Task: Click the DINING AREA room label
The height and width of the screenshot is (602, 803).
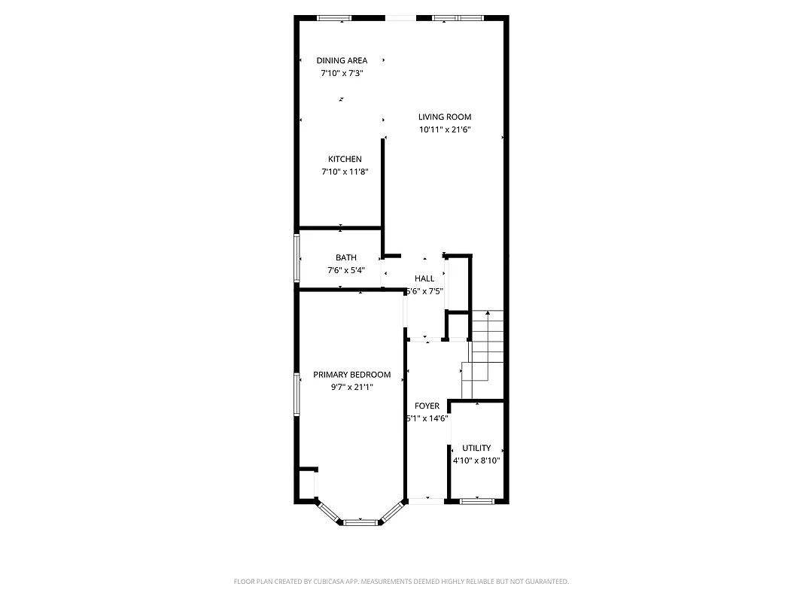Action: (342, 61)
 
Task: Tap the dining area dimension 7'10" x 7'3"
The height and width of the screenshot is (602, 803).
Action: (342, 74)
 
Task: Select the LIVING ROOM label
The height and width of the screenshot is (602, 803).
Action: (445, 117)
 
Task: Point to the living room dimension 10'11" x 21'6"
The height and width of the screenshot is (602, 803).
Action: (445, 129)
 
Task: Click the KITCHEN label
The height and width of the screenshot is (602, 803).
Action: (345, 159)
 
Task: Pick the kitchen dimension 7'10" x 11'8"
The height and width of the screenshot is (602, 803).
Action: (345, 172)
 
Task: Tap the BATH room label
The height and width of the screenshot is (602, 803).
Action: (346, 257)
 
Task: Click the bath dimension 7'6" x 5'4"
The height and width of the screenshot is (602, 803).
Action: (346, 270)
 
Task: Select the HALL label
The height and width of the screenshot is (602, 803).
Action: (424, 278)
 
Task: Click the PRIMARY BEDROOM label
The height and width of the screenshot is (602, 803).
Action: (352, 375)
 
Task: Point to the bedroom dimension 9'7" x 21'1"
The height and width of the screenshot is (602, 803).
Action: (352, 388)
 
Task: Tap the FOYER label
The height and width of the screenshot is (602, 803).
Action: (427, 406)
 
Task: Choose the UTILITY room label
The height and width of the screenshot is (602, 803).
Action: (476, 448)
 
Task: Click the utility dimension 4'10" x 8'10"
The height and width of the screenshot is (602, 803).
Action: (476, 461)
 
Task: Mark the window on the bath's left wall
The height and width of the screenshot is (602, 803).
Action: (297, 258)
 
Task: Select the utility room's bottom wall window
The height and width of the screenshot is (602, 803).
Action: (477, 500)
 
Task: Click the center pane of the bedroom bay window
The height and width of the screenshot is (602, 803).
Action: (360, 521)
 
